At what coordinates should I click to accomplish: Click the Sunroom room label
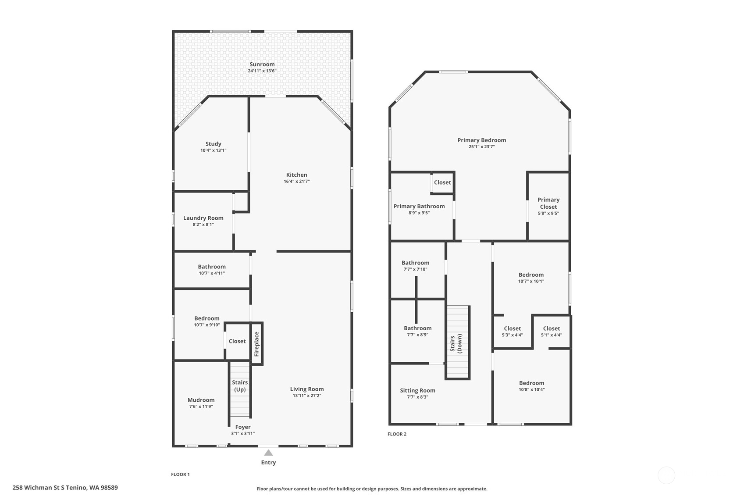262,64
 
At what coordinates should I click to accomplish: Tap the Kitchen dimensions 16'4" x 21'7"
296,182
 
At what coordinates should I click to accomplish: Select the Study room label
213,144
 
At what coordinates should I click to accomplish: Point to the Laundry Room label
203,218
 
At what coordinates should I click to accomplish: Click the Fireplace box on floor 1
257,344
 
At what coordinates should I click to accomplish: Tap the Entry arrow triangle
268,453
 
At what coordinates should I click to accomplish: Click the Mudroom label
201,400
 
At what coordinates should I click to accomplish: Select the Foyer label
243,427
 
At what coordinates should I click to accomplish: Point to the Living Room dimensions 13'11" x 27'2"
306,396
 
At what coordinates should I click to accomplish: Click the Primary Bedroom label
481,140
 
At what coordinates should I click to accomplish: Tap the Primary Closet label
548,203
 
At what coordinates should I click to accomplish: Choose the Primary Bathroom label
419,207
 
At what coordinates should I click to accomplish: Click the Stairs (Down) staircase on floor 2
458,342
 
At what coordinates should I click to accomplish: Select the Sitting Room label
417,390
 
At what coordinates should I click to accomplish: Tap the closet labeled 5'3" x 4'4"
512,332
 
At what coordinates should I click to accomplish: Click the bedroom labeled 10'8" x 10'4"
531,386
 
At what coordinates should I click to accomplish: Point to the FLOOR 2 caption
397,434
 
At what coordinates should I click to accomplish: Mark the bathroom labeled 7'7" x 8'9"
417,331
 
